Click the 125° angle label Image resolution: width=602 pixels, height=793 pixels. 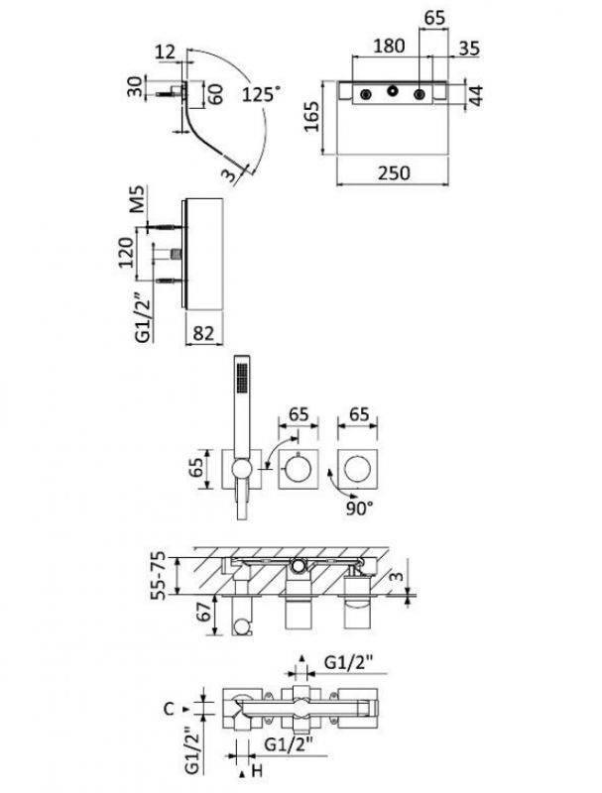pyautogui.click(x=261, y=93)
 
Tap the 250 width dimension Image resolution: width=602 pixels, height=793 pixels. pyautogui.click(x=394, y=172)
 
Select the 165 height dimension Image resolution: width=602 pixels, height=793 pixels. pyautogui.click(x=311, y=116)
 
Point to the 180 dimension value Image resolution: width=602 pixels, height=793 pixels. pyautogui.click(x=389, y=46)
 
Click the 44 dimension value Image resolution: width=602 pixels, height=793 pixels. pyautogui.click(x=475, y=95)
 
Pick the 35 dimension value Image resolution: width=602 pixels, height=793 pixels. pyautogui.click(x=469, y=49)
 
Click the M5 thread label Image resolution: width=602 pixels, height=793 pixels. pyautogui.click(x=137, y=199)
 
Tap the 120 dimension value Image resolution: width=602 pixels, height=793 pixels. pyautogui.click(x=126, y=252)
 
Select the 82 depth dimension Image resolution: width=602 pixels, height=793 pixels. pyautogui.click(x=203, y=333)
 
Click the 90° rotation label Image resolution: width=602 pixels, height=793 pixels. pyautogui.click(x=359, y=508)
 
